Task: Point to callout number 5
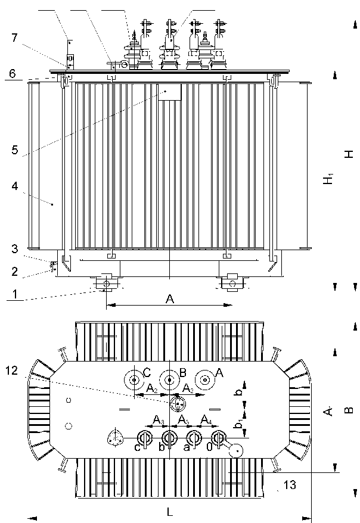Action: pyautogui.click(x=15, y=150)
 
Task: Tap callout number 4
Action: pyautogui.click(x=15, y=186)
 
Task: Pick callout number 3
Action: pyautogui.click(x=14, y=248)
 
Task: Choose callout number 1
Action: pyautogui.click(x=15, y=294)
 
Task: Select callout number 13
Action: pyautogui.click(x=290, y=486)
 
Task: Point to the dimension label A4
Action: pyautogui.click(x=206, y=421)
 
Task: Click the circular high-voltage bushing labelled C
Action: pyautogui.click(x=135, y=379)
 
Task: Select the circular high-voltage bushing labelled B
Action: pyautogui.click(x=170, y=379)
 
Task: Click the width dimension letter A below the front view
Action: pyautogui.click(x=169, y=300)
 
